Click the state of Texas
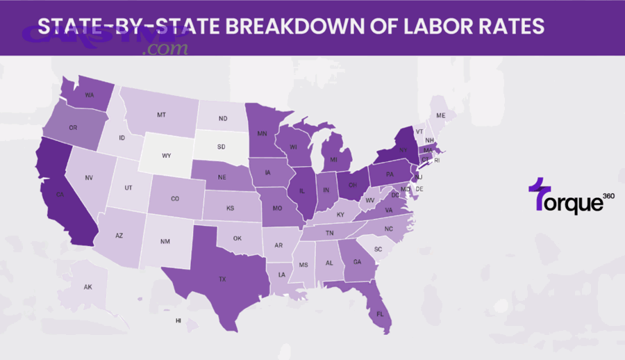click(x=222, y=278)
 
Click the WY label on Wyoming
click(x=167, y=155)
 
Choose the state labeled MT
click(x=161, y=115)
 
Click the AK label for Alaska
click(x=87, y=287)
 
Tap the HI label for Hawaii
click(x=178, y=320)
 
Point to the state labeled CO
click(x=175, y=198)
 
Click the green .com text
click(x=167, y=49)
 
